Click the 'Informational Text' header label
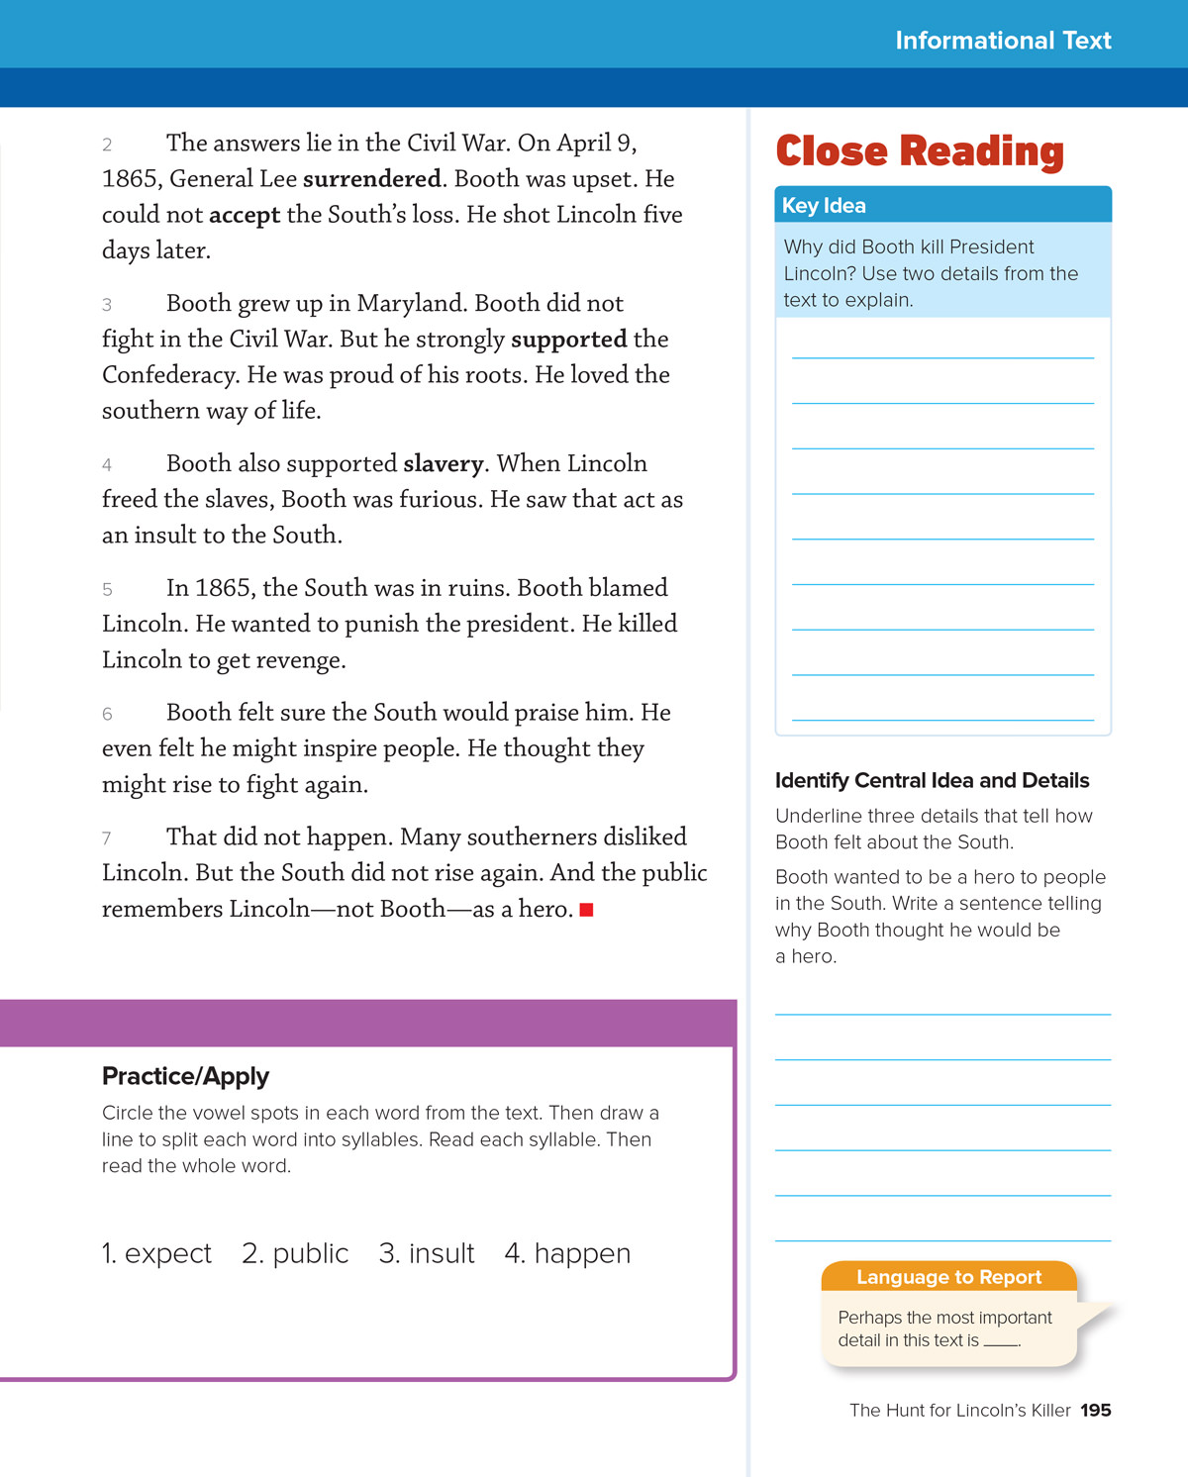1003,41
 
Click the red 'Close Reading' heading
920,151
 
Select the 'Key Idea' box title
824,205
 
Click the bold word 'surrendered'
372,179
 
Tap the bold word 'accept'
245,215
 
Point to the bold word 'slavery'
444,464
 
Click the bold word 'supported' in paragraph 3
569,340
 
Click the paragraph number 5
107,590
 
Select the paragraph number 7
107,838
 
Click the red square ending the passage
586,910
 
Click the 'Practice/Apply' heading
185,1076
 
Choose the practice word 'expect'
168,1254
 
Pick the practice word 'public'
311,1254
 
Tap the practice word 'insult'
442,1254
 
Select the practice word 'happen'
582,1254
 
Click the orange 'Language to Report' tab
948,1277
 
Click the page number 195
1096,1411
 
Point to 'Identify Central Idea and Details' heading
932,781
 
